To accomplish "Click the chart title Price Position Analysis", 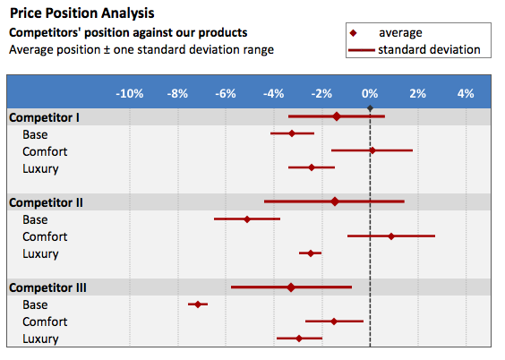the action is tap(82, 13).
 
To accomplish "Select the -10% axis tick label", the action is tap(130, 94).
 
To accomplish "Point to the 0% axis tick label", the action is tap(370, 94).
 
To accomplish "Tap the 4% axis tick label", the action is tap(466, 94).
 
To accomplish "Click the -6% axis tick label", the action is tap(226, 94).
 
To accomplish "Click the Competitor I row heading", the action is tap(44, 117).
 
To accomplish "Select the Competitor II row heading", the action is tap(46, 202).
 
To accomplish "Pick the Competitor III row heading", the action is tap(47, 287).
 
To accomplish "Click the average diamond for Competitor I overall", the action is tap(337, 116).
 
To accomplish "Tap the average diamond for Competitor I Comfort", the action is tap(372, 150).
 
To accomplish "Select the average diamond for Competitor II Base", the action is tap(247, 219).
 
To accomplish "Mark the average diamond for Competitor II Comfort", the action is tap(391, 236).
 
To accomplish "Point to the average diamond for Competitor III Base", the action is tap(198, 304).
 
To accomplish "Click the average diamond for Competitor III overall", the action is tap(291, 287).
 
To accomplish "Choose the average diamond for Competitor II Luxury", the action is tap(311, 253).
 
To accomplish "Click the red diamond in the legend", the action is tap(354, 33).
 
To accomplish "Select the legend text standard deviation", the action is tap(429, 49).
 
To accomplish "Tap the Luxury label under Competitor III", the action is tap(40, 339).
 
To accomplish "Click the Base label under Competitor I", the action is tap(35, 134).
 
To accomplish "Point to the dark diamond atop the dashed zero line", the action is tap(370, 108).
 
